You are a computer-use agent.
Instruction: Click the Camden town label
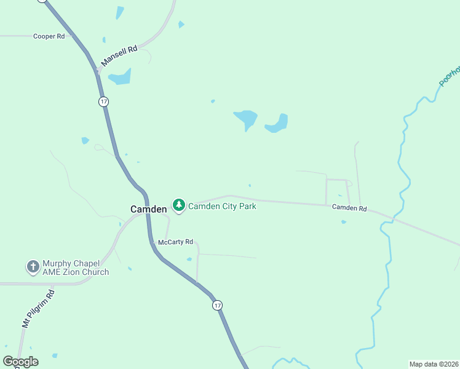coord(148,209)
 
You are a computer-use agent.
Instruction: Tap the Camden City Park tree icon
coord(179,205)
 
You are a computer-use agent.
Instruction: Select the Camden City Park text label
coord(222,206)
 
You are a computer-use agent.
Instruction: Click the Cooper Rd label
coord(49,36)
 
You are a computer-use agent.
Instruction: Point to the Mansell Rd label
coord(119,56)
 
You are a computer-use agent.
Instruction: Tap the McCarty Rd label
coord(175,242)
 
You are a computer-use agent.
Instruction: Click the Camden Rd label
coord(349,208)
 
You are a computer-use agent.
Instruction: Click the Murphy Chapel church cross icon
coord(32,267)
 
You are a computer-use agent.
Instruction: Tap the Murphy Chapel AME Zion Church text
coord(76,268)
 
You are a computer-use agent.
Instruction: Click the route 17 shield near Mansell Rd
coord(103,101)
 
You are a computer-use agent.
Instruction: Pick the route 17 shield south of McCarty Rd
coord(216,305)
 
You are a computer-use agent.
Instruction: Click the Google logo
coord(20,362)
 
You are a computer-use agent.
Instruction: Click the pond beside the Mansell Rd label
coord(120,77)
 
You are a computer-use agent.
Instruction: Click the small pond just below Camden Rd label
coord(343,222)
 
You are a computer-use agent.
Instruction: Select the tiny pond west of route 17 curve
coord(85,141)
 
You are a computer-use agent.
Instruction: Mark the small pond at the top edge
coord(119,12)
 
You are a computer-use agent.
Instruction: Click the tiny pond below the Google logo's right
coord(55,355)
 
